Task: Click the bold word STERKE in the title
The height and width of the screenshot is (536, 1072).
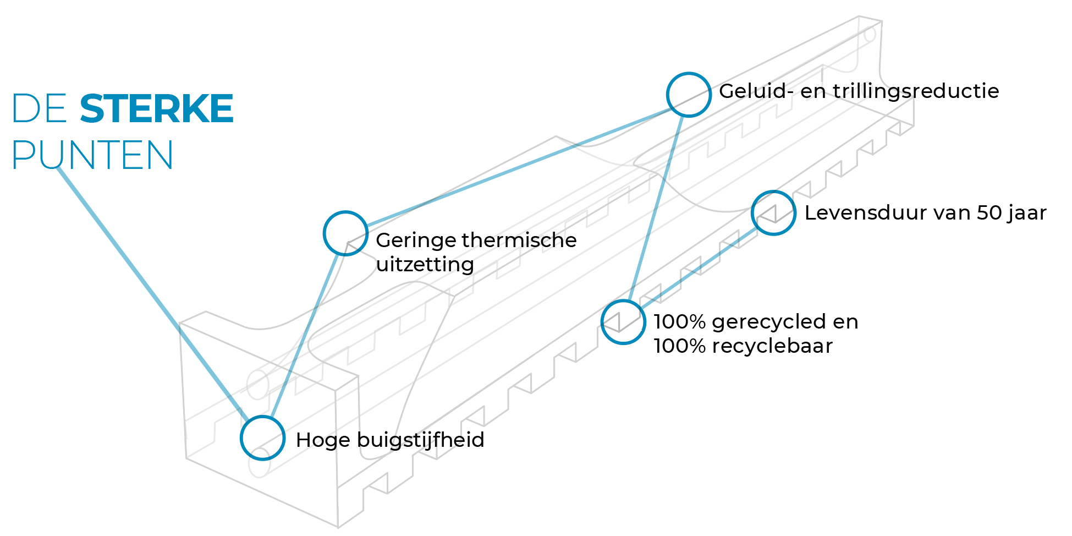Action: [157, 108]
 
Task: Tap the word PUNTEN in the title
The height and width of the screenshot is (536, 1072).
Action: [92, 155]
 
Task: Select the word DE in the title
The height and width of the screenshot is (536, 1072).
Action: [39, 108]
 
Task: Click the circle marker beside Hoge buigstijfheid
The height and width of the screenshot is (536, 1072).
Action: [262, 438]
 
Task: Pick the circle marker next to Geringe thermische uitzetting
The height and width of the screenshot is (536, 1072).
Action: [345, 233]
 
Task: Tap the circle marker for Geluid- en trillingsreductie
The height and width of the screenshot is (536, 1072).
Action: [689, 95]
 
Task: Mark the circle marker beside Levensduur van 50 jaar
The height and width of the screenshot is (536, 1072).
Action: [773, 213]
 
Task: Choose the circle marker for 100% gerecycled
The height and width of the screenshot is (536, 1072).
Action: [623, 322]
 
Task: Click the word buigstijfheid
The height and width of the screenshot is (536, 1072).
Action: [420, 440]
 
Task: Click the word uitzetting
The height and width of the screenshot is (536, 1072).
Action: [425, 265]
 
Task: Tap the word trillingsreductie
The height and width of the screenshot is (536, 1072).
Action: [916, 91]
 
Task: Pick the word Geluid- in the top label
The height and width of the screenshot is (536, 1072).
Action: [756, 91]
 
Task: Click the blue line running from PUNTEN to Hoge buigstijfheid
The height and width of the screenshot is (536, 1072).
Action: [149, 287]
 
